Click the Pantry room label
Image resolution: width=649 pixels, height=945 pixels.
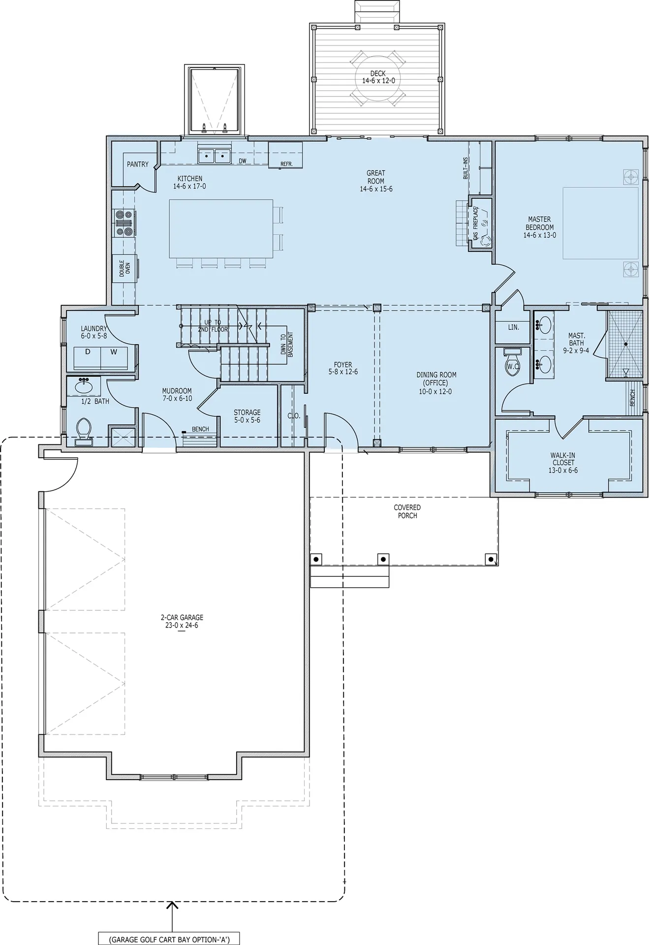137,164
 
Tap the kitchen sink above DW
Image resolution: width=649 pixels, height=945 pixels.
215,156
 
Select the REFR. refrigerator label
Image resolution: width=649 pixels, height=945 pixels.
286,164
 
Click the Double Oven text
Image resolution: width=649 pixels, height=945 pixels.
124,268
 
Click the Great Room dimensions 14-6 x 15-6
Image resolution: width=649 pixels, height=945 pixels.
376,189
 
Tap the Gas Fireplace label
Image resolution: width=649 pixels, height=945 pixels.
476,223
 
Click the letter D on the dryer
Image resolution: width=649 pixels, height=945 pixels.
88,352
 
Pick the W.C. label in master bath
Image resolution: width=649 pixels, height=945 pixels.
513,366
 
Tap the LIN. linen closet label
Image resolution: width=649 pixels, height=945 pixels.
513,327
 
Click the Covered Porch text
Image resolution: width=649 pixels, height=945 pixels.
407,511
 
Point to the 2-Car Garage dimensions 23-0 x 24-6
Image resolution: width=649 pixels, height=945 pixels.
182,626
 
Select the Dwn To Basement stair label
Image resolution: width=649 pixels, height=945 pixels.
286,345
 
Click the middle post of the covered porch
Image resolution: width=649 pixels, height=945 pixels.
383,559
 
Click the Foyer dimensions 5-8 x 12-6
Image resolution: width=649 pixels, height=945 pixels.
343,372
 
